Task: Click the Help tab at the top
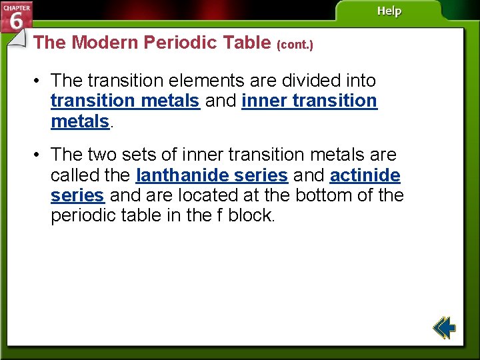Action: point(389,11)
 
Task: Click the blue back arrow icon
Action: point(444,328)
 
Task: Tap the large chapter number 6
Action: point(16,21)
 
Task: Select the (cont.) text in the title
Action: point(294,45)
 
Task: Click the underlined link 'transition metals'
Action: point(125,101)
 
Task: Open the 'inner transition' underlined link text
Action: point(309,101)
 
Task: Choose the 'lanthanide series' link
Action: point(211,175)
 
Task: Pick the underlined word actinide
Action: point(365,175)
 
